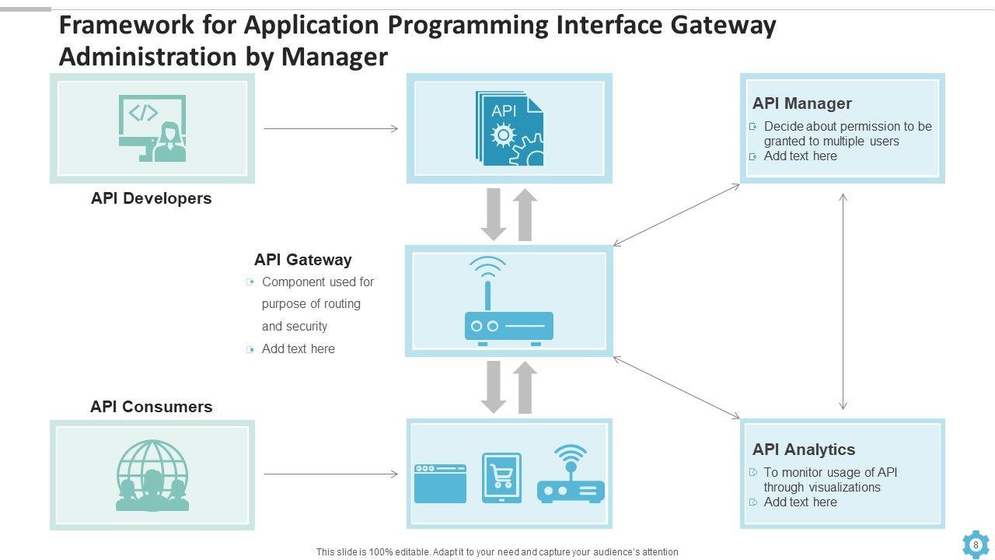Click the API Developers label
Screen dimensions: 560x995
click(151, 198)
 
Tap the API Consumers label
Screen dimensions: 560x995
click(151, 407)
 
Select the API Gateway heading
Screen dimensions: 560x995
click(302, 260)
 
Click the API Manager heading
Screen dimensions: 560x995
click(801, 103)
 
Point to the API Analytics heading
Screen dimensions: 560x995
click(803, 450)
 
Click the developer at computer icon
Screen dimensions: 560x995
click(152, 128)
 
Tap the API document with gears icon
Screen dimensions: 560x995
click(509, 128)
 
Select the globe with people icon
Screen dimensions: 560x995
click(152, 475)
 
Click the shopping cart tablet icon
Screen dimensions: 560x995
click(501, 478)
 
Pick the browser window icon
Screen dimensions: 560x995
click(440, 483)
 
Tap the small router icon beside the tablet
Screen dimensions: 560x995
click(571, 475)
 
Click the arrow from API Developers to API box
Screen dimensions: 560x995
click(330, 128)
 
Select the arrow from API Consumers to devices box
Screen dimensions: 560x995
click(330, 474)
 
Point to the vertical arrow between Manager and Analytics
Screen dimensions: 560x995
click(843, 302)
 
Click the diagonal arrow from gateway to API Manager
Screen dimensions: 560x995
click(676, 215)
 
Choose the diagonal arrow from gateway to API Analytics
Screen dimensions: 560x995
click(676, 387)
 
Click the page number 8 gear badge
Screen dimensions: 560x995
click(976, 544)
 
